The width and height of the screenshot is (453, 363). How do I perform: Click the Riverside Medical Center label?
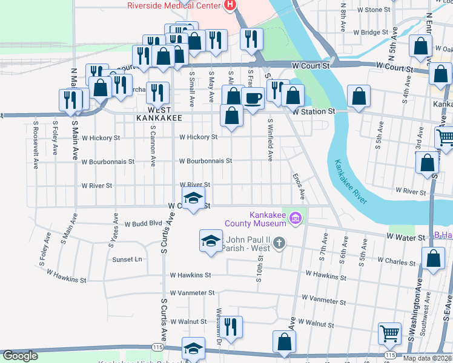tap(173, 6)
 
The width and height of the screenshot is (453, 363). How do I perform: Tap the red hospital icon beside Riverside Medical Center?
tap(230, 6)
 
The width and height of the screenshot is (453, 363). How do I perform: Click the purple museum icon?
tap(296, 217)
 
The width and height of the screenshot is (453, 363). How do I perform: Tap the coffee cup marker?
tap(253, 97)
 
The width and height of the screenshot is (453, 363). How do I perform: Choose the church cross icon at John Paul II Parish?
tap(279, 243)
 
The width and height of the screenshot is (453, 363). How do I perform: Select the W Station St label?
tap(313, 111)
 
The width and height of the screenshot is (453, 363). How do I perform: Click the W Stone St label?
tap(374, 10)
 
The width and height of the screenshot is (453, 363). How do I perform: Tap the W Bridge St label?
tap(371, 32)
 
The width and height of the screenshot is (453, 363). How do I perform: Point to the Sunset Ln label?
tap(127, 259)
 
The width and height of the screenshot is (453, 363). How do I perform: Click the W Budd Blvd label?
tap(144, 223)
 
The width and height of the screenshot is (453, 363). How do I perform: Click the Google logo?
tap(21, 356)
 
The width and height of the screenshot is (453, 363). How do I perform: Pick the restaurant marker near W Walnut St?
tap(230, 327)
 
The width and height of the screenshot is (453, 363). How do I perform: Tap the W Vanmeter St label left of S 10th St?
tap(193, 293)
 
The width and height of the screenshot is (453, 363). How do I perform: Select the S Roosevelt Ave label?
tap(36, 145)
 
